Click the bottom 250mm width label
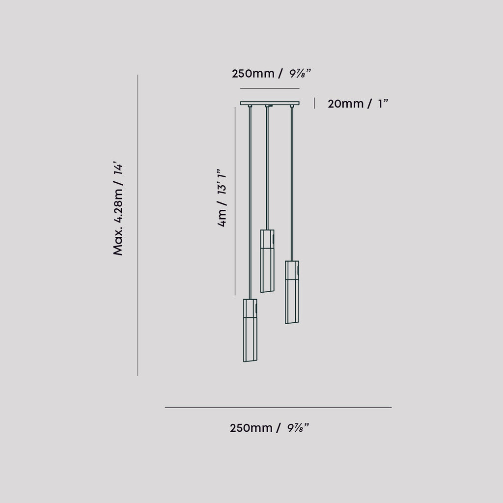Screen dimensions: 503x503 269,428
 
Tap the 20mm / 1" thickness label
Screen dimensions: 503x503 358,104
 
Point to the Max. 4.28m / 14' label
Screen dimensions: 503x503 118,209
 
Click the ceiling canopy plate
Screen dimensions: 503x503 269,103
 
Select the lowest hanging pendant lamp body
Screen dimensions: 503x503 250,330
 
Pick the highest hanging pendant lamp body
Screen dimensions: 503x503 267,261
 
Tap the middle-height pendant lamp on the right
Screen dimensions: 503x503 292,292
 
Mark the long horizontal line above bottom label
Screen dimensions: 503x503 278,407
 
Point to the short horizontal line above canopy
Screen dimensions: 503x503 269,88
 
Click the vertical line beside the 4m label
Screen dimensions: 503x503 235,201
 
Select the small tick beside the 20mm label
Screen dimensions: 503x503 314,103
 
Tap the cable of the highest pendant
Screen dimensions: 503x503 267,167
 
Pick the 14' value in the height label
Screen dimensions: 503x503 118,169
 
